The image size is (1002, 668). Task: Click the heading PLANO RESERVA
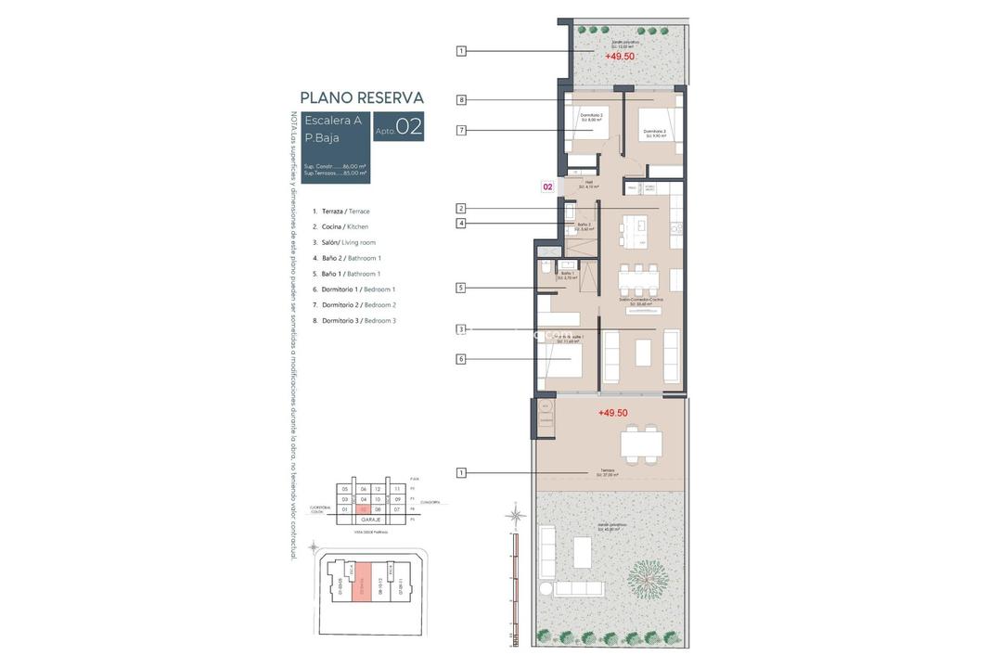coord(362,97)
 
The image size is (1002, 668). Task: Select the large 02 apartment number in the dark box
coord(409,127)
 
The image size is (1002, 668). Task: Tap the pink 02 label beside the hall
coord(547,186)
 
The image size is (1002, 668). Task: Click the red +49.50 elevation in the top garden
coord(619,57)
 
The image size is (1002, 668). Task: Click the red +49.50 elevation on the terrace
coord(612,413)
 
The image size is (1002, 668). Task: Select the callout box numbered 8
coord(461,100)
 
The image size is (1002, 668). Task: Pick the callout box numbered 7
coord(461,131)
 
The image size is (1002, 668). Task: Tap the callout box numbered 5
coord(461,288)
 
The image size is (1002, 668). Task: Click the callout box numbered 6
coord(461,359)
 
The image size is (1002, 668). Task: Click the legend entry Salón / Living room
coord(344,242)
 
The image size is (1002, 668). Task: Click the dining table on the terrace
coord(641,443)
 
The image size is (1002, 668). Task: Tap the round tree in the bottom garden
coord(648,581)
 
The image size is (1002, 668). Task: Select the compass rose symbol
coord(517,513)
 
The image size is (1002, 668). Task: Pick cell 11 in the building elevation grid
coord(397,489)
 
